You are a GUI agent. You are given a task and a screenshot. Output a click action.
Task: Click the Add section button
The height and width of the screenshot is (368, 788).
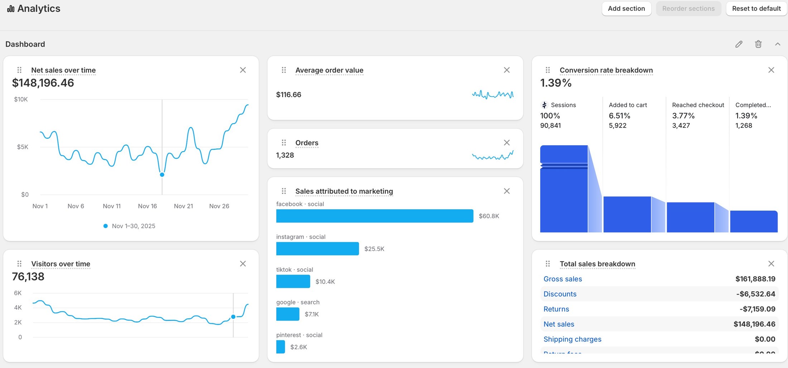626,9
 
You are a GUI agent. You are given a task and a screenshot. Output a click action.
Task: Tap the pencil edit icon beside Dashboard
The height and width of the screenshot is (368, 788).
739,44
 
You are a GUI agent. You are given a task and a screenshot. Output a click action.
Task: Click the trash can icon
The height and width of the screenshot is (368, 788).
758,44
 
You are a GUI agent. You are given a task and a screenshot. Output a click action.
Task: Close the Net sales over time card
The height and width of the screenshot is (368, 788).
243,70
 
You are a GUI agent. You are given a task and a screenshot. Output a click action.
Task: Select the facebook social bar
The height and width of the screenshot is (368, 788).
374,216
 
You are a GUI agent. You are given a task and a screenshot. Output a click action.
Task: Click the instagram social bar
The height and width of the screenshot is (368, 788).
317,249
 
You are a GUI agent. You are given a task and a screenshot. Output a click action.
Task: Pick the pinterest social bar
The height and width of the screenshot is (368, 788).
280,347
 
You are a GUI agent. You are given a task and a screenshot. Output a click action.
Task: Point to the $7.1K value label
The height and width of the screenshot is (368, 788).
311,314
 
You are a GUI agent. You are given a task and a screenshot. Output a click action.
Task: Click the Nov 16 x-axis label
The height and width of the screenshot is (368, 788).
147,206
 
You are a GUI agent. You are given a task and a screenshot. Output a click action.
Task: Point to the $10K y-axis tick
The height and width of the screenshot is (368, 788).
21,99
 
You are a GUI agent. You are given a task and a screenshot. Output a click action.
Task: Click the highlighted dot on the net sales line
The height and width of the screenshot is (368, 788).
162,175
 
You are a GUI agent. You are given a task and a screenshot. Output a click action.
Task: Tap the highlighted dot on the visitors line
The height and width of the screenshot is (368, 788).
233,317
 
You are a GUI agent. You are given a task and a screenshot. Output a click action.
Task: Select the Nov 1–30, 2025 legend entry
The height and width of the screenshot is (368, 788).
133,226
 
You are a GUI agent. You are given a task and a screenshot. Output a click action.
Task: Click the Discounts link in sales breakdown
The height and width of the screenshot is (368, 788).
560,294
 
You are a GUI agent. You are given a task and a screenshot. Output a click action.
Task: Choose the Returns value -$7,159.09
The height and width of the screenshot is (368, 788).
757,309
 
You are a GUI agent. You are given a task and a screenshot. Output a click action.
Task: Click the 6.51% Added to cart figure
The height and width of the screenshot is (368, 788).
619,116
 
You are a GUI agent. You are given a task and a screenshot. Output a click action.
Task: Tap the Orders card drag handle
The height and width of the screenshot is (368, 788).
284,143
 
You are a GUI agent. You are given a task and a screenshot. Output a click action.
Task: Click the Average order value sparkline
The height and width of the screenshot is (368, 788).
492,95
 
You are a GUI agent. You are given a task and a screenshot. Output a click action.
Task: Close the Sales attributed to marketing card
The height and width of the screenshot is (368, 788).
506,191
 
